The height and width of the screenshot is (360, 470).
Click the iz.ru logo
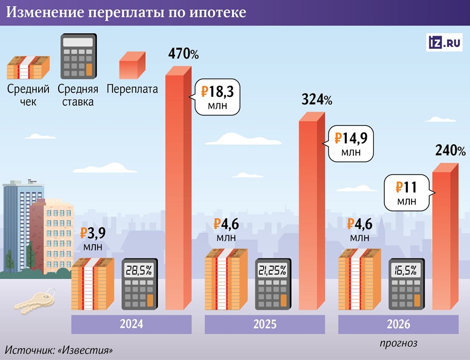click(x=444, y=42)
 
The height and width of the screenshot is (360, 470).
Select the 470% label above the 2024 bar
click(x=183, y=54)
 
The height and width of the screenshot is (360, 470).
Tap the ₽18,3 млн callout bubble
click(x=217, y=96)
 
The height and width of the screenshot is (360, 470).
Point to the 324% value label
click(x=316, y=100)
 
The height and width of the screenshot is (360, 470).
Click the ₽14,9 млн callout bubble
click(x=351, y=143)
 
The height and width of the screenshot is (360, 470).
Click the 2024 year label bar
click(x=131, y=324)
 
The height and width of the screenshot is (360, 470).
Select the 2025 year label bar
click(x=265, y=324)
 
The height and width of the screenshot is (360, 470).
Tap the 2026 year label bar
click(x=398, y=324)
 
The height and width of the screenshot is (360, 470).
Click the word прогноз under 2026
click(x=398, y=343)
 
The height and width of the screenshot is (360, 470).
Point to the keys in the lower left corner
click(x=35, y=301)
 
